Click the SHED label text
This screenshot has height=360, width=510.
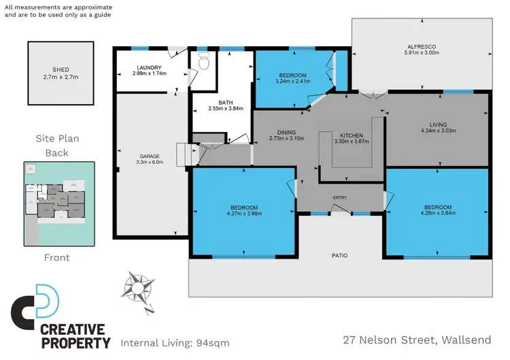point(60,69)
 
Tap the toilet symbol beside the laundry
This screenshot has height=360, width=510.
point(203,63)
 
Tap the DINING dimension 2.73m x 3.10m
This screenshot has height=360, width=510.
point(286,138)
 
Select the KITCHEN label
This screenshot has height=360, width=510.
point(352,135)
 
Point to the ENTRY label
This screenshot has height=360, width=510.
point(339,198)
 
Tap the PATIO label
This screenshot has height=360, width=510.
point(339,256)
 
